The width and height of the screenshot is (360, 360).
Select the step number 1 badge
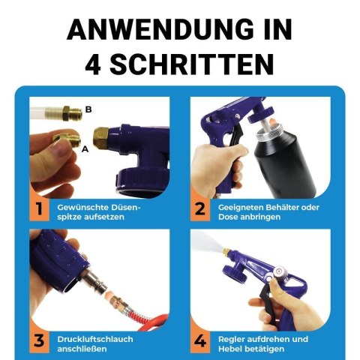click(40, 209)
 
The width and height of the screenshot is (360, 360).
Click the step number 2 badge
click(200, 209)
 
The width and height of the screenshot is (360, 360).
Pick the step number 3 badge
click(40, 340)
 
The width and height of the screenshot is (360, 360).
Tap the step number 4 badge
click(200, 340)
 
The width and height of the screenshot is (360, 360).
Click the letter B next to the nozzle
click(88, 109)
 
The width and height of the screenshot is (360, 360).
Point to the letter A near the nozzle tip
click(85, 149)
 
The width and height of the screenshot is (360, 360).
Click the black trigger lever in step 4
click(268, 306)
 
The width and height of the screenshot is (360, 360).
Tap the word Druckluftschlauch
click(95, 339)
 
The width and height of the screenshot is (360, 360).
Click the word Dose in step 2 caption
click(228, 217)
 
